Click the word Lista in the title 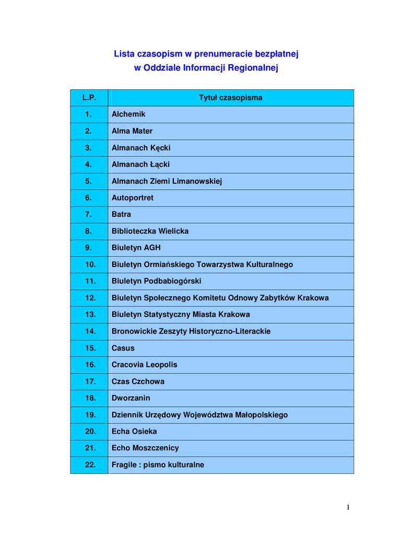pyautogui.click(x=124, y=54)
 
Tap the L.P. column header pyautogui.click(x=89, y=98)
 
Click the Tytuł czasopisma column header pyautogui.click(x=230, y=98)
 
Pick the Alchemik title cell pyautogui.click(x=128, y=114)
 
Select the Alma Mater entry pyautogui.click(x=132, y=131)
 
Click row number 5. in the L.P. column pyautogui.click(x=89, y=181)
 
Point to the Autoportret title pyautogui.click(x=133, y=198)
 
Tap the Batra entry pyautogui.click(x=122, y=214)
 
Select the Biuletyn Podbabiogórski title pyautogui.click(x=156, y=281)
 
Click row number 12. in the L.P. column pyautogui.click(x=90, y=298)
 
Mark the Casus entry pyautogui.click(x=123, y=348)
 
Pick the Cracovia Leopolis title pyautogui.click(x=145, y=365)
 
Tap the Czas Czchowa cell pyautogui.click(x=138, y=381)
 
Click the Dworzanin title pyautogui.click(x=131, y=398)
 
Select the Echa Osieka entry pyautogui.click(x=134, y=432)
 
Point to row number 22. pyautogui.click(x=90, y=464)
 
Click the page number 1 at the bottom pyautogui.click(x=348, y=507)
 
